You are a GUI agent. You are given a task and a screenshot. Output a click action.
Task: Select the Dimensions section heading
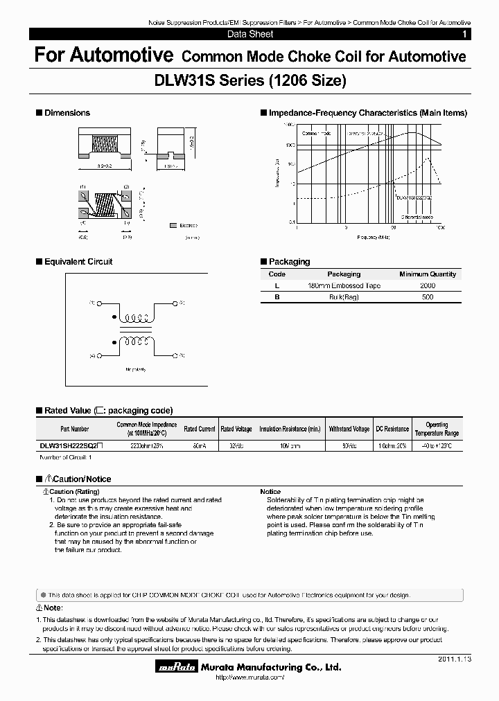67,113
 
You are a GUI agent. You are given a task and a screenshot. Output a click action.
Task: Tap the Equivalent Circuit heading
78,262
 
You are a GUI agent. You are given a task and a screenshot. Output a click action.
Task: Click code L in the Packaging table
277,285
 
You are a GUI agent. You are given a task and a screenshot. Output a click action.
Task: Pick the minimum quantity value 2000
428,285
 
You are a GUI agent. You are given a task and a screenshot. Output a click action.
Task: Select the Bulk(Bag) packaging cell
344,296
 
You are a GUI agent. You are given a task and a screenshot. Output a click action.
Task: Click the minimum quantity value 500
428,296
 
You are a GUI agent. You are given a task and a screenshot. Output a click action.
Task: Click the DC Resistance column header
392,429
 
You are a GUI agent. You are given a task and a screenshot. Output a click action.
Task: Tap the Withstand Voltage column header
349,429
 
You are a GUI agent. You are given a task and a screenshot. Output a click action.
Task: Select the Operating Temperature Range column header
437,429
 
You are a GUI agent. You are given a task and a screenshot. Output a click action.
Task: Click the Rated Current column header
200,429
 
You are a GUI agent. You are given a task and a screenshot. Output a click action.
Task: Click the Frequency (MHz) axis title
375,237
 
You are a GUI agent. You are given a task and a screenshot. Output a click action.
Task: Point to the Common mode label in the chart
317,132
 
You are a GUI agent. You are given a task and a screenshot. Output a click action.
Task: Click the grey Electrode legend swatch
173,225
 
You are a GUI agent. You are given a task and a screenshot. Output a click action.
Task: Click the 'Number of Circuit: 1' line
67,457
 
